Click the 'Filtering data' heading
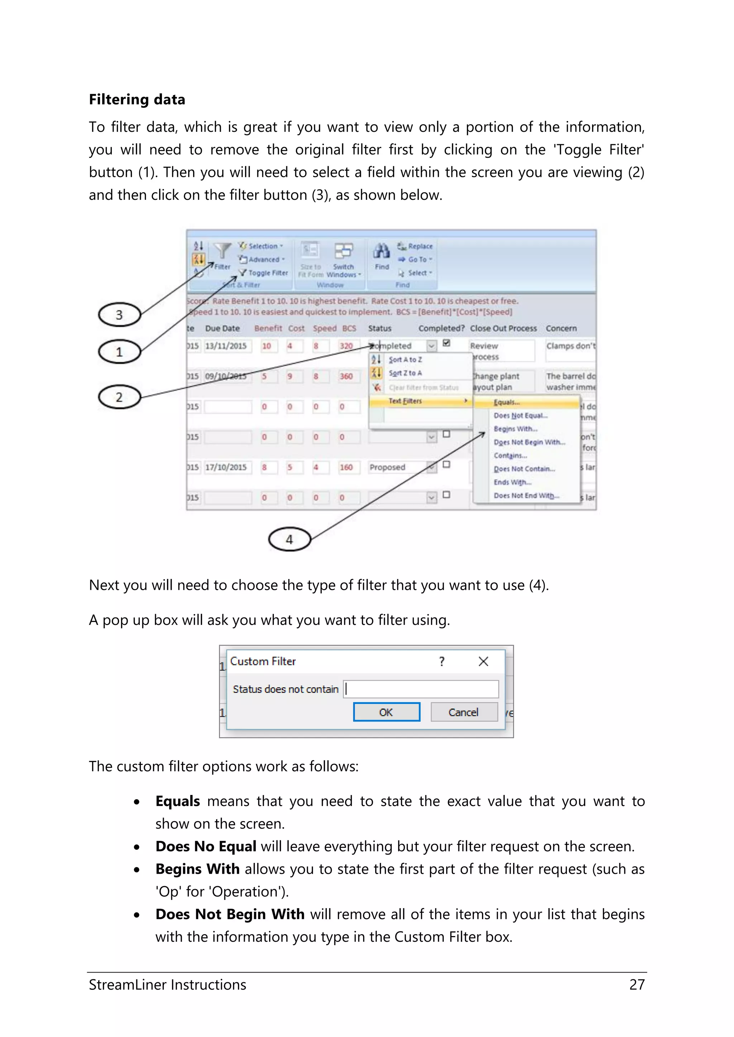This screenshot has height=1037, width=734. tap(137, 99)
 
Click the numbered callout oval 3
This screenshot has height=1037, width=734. tap(119, 315)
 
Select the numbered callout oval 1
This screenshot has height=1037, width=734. tap(119, 352)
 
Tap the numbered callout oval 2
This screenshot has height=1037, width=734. tap(119, 397)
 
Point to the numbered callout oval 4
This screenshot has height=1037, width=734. tap(289, 539)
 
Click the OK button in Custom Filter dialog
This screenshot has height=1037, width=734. tap(386, 712)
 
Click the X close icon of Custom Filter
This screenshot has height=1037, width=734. tap(483, 662)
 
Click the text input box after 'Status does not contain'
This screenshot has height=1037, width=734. tap(421, 689)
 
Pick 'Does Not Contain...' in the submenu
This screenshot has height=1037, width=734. tap(524, 469)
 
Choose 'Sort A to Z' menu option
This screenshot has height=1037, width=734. tap(405, 360)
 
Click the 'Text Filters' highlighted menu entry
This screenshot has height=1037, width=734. tap(405, 401)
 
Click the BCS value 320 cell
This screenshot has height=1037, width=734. tap(347, 346)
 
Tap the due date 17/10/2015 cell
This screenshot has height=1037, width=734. tap(226, 467)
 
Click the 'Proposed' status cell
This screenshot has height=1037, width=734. tap(387, 467)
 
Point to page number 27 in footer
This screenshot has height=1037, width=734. tap(637, 985)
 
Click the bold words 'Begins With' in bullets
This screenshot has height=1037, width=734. tap(197, 869)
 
